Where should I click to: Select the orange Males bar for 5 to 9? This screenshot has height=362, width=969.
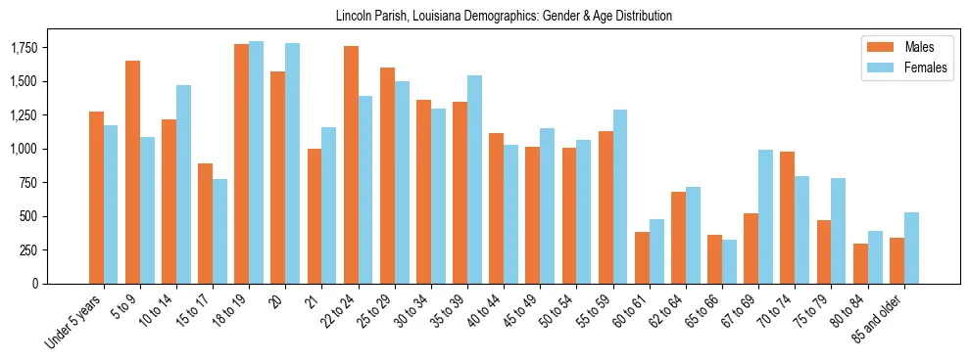click(x=132, y=172)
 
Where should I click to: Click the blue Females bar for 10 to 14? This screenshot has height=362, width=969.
click(x=184, y=184)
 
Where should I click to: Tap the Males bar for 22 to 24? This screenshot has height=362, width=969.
click(x=351, y=164)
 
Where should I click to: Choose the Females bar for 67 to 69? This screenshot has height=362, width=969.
click(x=765, y=216)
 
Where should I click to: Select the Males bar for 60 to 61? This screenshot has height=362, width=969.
click(x=642, y=257)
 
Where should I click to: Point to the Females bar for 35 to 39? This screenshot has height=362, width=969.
click(x=475, y=179)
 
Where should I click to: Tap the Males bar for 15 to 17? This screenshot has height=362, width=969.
click(x=205, y=223)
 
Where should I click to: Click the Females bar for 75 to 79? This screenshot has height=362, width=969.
click(x=838, y=231)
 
